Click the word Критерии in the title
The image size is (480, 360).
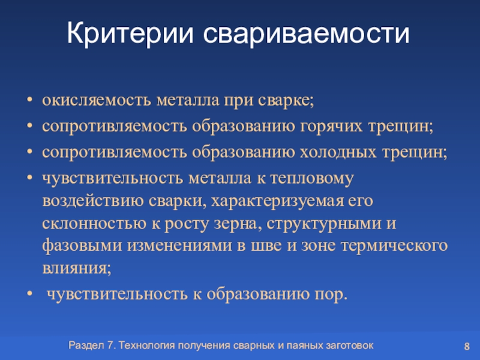tap(130, 33)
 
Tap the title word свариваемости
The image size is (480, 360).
tap(306, 33)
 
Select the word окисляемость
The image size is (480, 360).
tap(97, 100)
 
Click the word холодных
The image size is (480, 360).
tap(338, 152)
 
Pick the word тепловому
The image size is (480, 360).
tap(312, 179)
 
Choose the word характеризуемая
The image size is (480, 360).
tap(277, 202)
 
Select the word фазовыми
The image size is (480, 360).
tap(82, 246)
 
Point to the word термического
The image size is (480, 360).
tap(394, 246)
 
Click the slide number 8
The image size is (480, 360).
tap(467, 347)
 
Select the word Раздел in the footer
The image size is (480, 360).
tap(86, 346)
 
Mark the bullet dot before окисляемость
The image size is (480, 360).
tap(29, 100)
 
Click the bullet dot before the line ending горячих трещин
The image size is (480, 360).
tap(29, 126)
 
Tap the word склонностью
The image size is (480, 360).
tap(94, 224)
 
